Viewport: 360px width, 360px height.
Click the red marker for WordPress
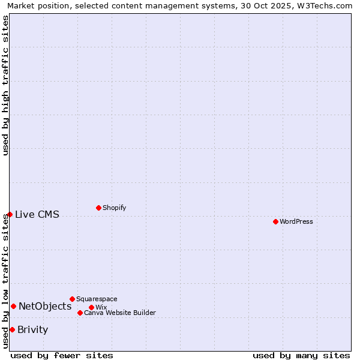click(x=275, y=221)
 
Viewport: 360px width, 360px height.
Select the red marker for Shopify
click(x=98, y=208)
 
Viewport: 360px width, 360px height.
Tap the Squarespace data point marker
click(x=72, y=299)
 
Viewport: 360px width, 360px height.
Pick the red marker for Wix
click(x=91, y=307)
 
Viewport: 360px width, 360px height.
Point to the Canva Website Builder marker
click(x=80, y=313)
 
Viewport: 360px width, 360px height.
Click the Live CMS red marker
click(x=10, y=214)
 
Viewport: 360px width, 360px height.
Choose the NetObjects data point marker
click(x=13, y=306)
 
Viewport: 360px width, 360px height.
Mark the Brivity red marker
click(x=12, y=329)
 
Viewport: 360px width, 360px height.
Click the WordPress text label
click(x=296, y=221)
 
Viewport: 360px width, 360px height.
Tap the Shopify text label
click(x=114, y=208)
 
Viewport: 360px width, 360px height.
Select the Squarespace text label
click(x=97, y=299)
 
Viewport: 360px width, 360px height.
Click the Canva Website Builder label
click(x=119, y=313)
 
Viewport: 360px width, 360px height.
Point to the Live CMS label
click(x=37, y=214)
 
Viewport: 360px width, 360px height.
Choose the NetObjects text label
click(x=45, y=306)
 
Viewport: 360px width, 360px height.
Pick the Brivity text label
click(x=33, y=329)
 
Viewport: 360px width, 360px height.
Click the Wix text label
click(x=101, y=307)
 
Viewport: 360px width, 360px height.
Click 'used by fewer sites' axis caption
click(x=62, y=355)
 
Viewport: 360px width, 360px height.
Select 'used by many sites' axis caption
click(x=301, y=355)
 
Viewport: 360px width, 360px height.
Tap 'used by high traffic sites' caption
click(x=5, y=85)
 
